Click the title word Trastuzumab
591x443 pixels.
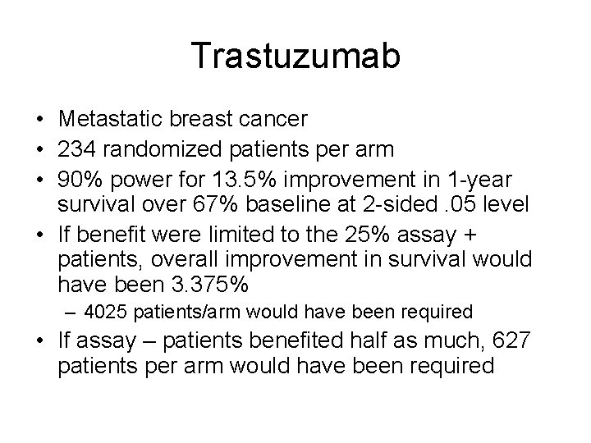click(295, 57)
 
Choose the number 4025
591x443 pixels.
click(106, 313)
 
